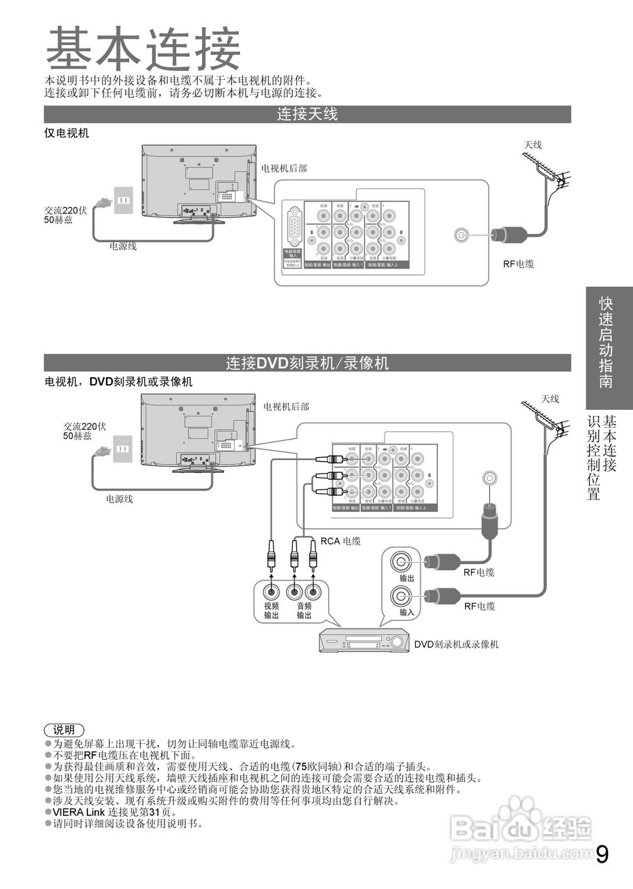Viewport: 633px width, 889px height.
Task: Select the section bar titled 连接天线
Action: [x=307, y=114]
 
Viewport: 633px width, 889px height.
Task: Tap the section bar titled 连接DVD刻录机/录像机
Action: [x=307, y=363]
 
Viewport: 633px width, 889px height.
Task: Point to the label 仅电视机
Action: [x=67, y=133]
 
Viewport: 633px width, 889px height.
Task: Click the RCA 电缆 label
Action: [x=340, y=540]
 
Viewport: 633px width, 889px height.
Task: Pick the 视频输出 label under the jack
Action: [x=271, y=610]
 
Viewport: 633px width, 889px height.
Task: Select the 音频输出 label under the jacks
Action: [x=304, y=610]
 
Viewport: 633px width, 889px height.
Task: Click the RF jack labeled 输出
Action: [x=402, y=561]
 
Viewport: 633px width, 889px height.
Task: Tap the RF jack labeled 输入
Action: [x=402, y=595]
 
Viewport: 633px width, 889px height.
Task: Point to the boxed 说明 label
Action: [x=64, y=730]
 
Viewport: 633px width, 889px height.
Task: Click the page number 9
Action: [x=602, y=854]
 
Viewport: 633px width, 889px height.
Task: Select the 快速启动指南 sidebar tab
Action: [x=607, y=343]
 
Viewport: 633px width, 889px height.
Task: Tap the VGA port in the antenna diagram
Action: [x=294, y=227]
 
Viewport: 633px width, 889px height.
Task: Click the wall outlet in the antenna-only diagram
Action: [x=123, y=200]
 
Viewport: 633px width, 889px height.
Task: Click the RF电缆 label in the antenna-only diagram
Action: [x=518, y=265]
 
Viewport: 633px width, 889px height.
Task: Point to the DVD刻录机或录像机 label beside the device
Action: [x=456, y=645]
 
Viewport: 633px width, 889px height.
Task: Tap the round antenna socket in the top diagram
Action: [x=460, y=235]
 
